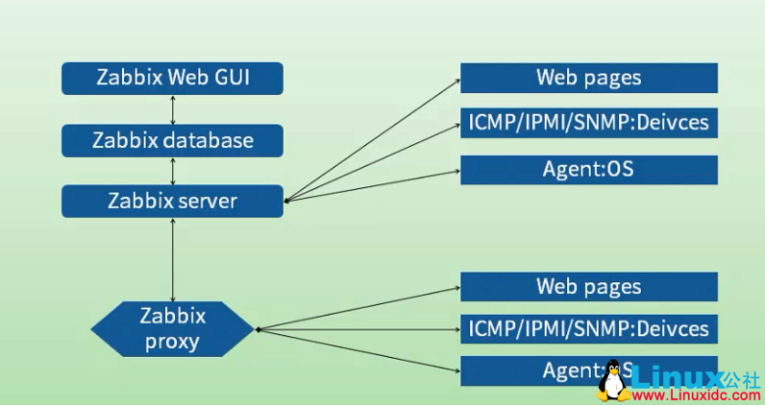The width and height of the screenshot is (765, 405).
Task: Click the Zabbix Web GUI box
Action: point(173,79)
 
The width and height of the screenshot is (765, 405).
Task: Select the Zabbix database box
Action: point(173,140)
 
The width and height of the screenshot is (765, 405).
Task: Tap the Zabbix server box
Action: point(173,202)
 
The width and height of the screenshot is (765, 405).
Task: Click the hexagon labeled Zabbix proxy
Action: point(173,328)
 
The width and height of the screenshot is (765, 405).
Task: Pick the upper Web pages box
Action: point(589,78)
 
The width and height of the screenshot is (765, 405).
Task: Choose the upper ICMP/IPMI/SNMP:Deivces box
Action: point(589,123)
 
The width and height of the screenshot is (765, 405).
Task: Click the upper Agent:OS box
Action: point(589,170)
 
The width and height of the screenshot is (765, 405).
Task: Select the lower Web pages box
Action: point(589,287)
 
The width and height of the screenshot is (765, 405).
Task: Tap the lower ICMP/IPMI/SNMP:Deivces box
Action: point(589,329)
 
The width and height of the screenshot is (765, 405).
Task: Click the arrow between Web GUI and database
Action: point(173,109)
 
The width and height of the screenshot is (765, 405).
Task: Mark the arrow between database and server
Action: point(173,171)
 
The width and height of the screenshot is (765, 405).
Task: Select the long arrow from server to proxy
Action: point(173,259)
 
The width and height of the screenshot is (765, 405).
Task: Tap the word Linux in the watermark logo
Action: point(677,375)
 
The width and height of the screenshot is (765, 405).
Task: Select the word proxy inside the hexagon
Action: point(173,341)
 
